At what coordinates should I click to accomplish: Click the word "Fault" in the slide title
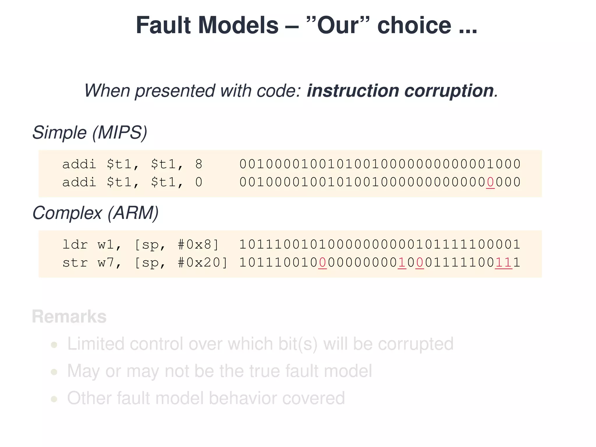tap(163, 25)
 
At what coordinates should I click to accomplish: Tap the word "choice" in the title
tap(414, 25)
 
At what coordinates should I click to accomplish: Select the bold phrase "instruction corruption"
tap(400, 91)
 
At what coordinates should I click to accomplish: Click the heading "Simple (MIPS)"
tap(90, 133)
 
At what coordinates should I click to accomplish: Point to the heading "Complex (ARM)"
tap(95, 213)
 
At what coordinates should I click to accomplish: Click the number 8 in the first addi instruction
tap(199, 164)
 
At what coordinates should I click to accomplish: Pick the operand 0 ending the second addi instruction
tap(199, 182)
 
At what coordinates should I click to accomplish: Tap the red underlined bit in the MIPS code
tap(490, 182)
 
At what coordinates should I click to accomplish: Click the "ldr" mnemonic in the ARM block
tap(75, 244)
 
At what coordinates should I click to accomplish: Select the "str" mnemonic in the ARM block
tap(75, 262)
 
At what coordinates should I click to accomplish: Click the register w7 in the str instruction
tap(106, 262)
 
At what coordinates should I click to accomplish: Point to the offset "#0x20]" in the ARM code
tap(203, 262)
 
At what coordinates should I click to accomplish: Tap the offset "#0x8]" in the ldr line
tap(198, 244)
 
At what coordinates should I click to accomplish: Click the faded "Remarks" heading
tap(69, 317)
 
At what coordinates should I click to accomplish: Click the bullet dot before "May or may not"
tap(54, 372)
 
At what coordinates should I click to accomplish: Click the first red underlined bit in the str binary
tap(322, 262)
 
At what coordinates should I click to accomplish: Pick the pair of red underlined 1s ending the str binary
tap(503, 262)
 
